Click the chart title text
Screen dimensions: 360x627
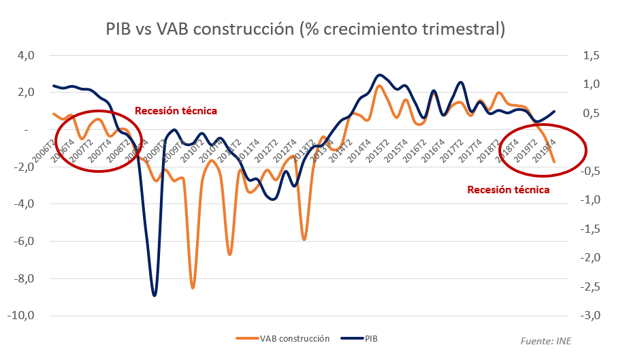tap(306, 29)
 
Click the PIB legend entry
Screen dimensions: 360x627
tap(364, 338)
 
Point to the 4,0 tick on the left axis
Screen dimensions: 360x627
tap(25, 55)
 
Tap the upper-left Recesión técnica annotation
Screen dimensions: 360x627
tap(176, 110)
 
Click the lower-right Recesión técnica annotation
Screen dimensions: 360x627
tap(508, 190)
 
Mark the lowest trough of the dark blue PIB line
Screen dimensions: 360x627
tap(155, 295)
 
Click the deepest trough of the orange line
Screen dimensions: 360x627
tap(193, 288)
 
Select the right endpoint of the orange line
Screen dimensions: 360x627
tap(554, 162)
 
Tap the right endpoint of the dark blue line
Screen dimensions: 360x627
tap(554, 111)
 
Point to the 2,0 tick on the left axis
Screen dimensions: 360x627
tap(25, 93)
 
